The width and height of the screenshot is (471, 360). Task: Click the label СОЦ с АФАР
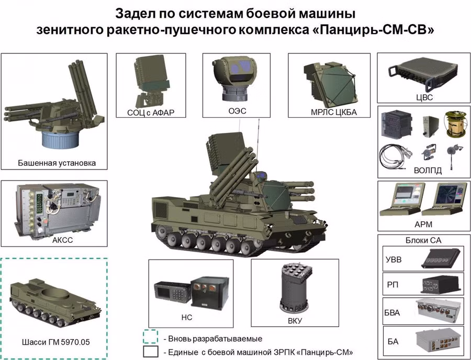[151, 113]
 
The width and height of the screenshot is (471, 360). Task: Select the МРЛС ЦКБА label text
[333, 113]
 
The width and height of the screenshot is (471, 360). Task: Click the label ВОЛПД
[428, 171]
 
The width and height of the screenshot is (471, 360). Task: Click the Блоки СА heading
[423, 240]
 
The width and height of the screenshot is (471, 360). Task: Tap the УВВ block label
[393, 259]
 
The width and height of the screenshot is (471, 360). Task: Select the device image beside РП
[441, 284]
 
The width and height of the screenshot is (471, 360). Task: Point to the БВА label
[392, 312]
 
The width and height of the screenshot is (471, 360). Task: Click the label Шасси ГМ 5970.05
[56, 342]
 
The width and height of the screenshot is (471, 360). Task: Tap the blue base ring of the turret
[60, 139]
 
